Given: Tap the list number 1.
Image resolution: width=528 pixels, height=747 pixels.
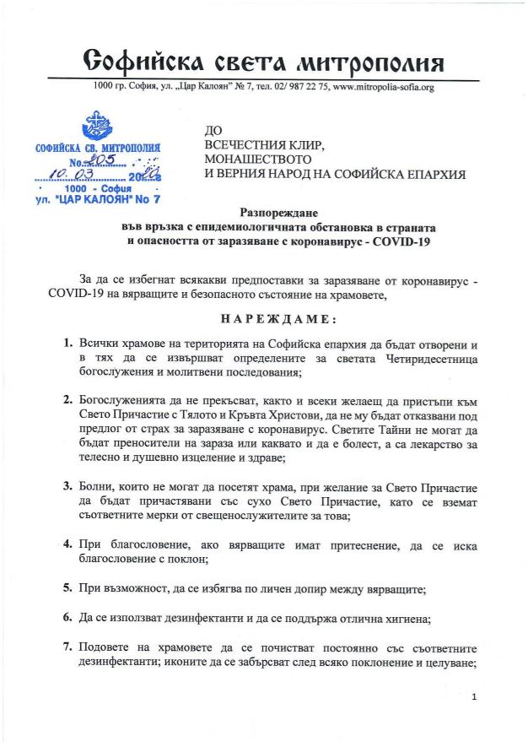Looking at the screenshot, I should (x=67, y=345).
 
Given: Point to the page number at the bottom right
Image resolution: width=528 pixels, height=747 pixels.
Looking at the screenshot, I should (x=476, y=696).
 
